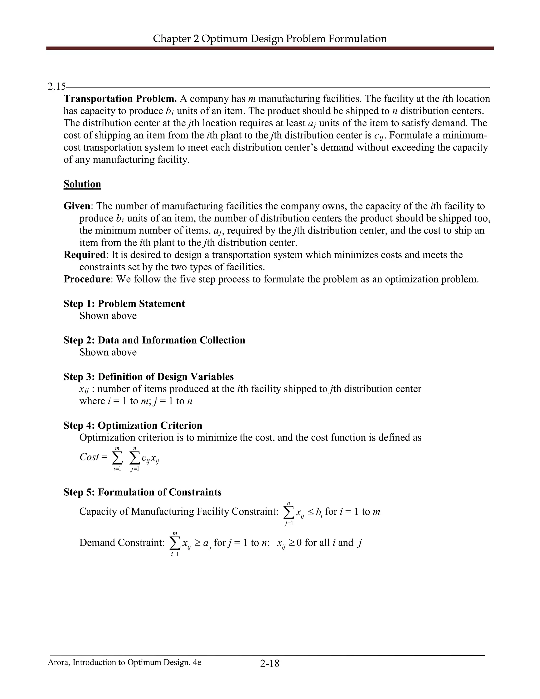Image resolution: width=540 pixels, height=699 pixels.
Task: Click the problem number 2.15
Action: click(57, 87)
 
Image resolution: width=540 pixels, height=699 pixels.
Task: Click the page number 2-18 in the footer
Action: click(270, 663)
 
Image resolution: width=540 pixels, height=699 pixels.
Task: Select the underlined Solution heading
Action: click(82, 184)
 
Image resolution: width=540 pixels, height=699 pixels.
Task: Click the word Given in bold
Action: click(76, 206)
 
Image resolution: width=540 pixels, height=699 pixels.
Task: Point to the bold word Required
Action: click(84, 255)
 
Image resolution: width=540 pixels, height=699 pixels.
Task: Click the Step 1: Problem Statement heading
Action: click(124, 303)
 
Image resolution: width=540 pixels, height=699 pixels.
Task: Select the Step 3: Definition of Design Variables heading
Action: click(148, 376)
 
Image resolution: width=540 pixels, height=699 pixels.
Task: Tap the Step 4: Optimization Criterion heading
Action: click(133, 425)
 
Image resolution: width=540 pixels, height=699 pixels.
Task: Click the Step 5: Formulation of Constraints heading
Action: click(142, 492)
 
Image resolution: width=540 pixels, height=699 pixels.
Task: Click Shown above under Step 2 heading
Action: click(108, 352)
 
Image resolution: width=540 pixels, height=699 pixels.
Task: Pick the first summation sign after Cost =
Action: click(117, 459)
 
